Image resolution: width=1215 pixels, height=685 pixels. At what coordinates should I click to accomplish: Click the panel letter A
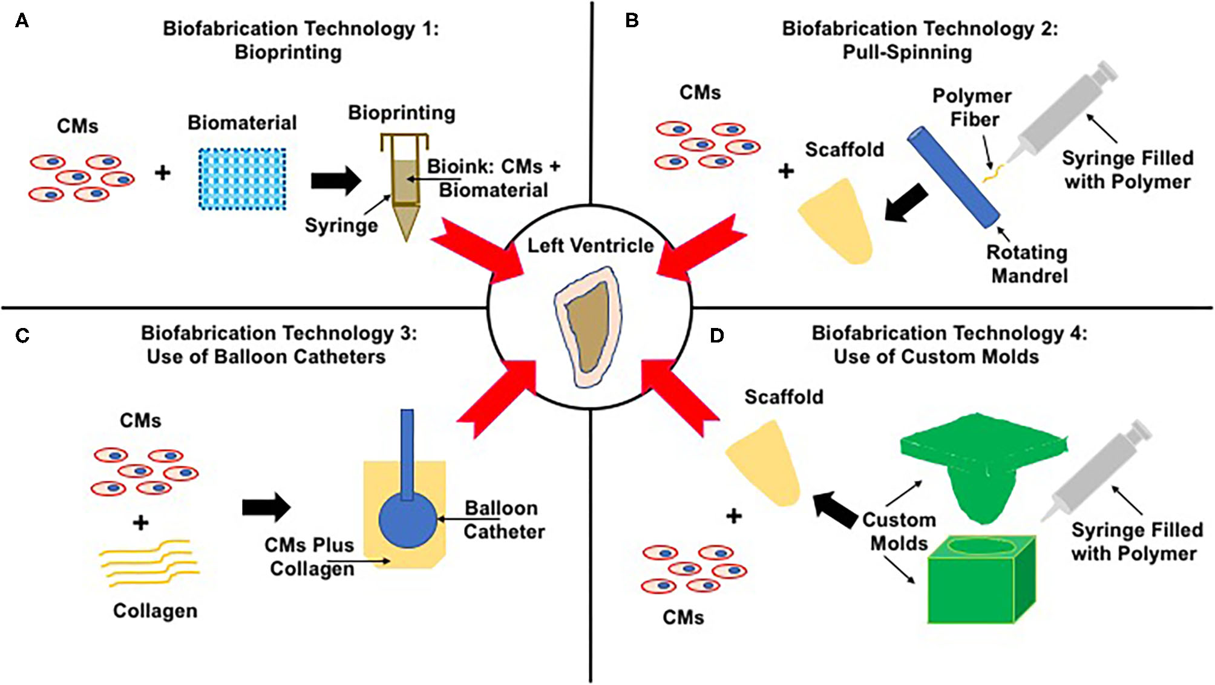tap(22, 21)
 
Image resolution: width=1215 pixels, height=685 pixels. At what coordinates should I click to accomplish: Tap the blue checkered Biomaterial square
tap(242, 179)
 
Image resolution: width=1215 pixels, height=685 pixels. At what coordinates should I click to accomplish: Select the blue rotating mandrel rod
tap(953, 177)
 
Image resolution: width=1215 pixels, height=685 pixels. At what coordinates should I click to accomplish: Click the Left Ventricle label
tap(591, 246)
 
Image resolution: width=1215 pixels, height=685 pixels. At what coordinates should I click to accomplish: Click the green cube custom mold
tap(980, 581)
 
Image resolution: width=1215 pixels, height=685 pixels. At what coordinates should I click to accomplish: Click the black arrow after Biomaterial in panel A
tap(335, 180)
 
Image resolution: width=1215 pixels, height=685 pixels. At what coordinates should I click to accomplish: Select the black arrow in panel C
tap(266, 507)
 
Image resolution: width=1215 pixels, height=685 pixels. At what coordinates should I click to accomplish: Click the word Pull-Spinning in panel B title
tap(907, 53)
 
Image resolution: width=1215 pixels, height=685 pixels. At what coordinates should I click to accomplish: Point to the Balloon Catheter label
tap(503, 520)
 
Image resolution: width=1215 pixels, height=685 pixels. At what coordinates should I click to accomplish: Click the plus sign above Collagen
tap(140, 522)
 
